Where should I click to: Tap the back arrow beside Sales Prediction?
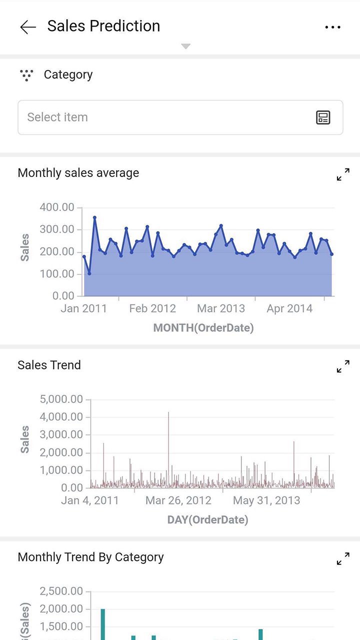pyautogui.click(x=28, y=27)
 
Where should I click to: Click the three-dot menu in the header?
pyautogui.click(x=332, y=27)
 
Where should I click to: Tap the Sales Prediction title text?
pyautogui.click(x=103, y=26)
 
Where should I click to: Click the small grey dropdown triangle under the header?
pyautogui.click(x=185, y=46)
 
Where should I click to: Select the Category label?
pyautogui.click(x=68, y=74)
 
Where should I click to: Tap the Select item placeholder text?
pyautogui.click(x=57, y=117)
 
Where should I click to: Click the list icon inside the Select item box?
pyautogui.click(x=323, y=117)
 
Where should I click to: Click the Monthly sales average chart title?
pyautogui.click(x=78, y=173)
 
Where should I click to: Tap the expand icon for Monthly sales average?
pyautogui.click(x=343, y=174)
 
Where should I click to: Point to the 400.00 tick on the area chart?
pyautogui.click(x=56, y=207)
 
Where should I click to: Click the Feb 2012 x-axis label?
pyautogui.click(x=152, y=308)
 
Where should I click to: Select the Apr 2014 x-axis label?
pyautogui.click(x=289, y=308)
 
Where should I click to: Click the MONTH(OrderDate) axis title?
pyautogui.click(x=203, y=328)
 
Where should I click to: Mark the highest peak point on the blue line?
pyautogui.click(x=94, y=217)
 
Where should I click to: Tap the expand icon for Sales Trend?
pyautogui.click(x=343, y=366)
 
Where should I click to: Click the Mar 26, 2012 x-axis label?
pyautogui.click(x=178, y=500)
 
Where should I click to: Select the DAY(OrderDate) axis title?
pyautogui.click(x=207, y=520)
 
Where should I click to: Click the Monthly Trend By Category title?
pyautogui.click(x=90, y=557)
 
